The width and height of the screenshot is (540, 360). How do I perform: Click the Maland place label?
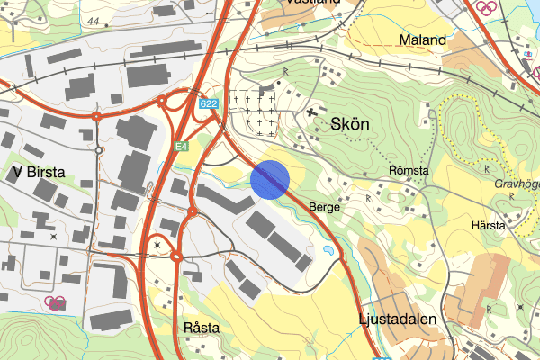coord(423,40)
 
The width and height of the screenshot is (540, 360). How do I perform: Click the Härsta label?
coord(488,224)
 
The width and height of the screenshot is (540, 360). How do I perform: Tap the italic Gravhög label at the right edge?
coord(516,187)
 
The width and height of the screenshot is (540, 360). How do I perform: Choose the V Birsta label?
coord(41,171)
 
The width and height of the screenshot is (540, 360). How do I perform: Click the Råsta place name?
coord(201,328)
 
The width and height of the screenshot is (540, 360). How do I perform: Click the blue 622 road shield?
coord(209,105)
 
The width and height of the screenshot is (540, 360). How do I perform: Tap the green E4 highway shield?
coord(183,147)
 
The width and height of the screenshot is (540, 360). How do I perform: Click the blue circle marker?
coord(270,178)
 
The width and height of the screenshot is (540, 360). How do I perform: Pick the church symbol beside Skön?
coord(311,113)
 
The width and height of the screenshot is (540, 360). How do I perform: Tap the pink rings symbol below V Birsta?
coord(55,302)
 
